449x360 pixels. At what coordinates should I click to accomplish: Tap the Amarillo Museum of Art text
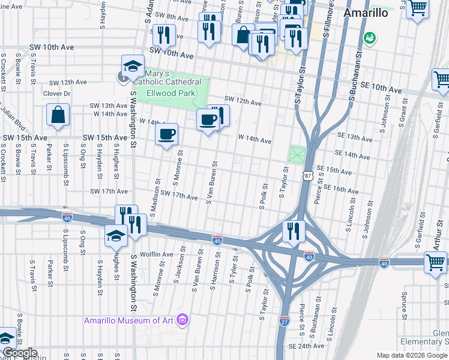point(129,320)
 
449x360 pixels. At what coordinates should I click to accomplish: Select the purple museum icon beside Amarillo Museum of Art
point(184,320)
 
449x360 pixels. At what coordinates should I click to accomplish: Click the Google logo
point(19,353)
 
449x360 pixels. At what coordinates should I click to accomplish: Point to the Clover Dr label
point(56,94)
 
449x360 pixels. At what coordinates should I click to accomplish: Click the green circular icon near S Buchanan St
point(370,37)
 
